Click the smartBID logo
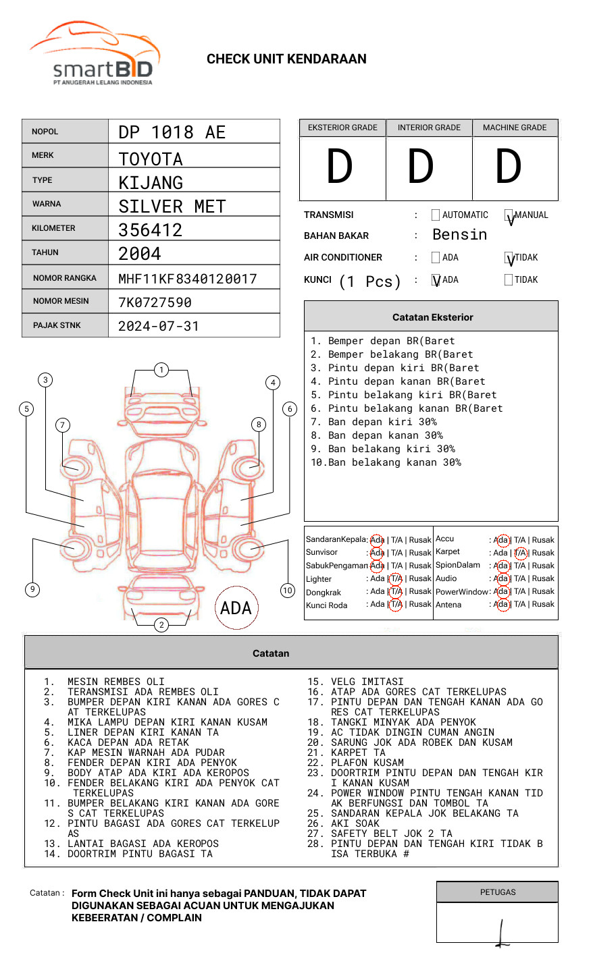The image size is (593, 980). pyautogui.click(x=95, y=54)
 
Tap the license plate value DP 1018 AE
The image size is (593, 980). pyautogui.click(x=172, y=132)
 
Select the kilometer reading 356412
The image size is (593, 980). pyautogui.click(x=151, y=230)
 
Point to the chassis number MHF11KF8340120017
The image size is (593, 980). pyautogui.click(x=188, y=278)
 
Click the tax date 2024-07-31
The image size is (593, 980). pyautogui.click(x=159, y=326)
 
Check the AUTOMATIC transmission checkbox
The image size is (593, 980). pyautogui.click(x=436, y=215)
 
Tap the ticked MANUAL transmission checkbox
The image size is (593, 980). pyautogui.click(x=509, y=216)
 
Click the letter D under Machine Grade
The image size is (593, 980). pyautogui.click(x=509, y=167)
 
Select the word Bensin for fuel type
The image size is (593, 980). pyautogui.click(x=459, y=235)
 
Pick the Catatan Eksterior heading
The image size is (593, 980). pyautogui.click(x=432, y=317)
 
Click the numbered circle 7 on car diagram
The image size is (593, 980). pyautogui.click(x=63, y=425)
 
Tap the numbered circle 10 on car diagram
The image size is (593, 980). pyautogui.click(x=288, y=591)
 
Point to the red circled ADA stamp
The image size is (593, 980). pyautogui.click(x=236, y=608)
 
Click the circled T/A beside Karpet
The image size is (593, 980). pyautogui.click(x=520, y=553)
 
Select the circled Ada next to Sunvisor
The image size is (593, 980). pyautogui.click(x=377, y=553)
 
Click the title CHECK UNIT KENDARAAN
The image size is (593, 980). pyautogui.click(x=286, y=59)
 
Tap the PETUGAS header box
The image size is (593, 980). pyautogui.click(x=497, y=892)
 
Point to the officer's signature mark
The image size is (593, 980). pyautogui.click(x=501, y=934)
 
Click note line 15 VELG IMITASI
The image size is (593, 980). pyautogui.click(x=356, y=682)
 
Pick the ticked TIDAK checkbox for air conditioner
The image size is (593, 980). pyautogui.click(x=509, y=258)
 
